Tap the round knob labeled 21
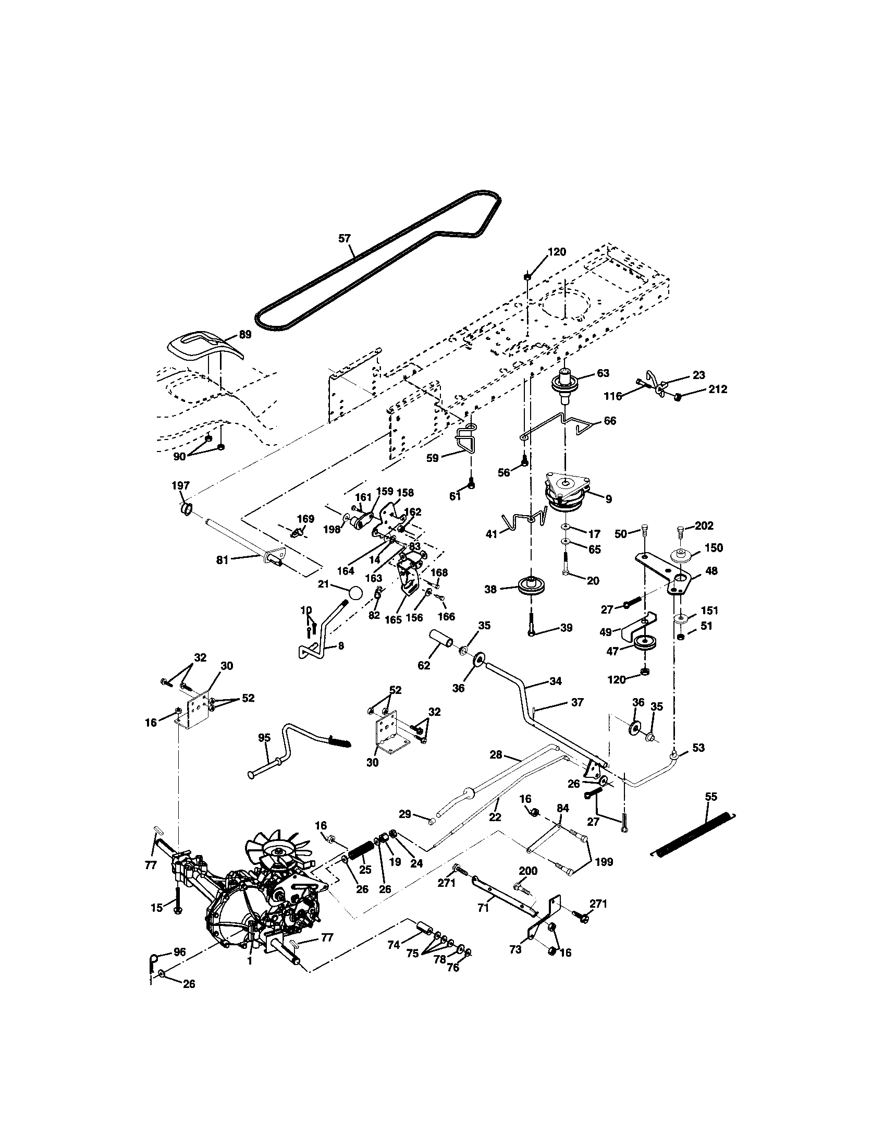(x=355, y=592)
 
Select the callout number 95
(x=264, y=737)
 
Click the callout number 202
(x=704, y=525)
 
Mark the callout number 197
(x=180, y=485)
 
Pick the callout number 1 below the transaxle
(x=250, y=960)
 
